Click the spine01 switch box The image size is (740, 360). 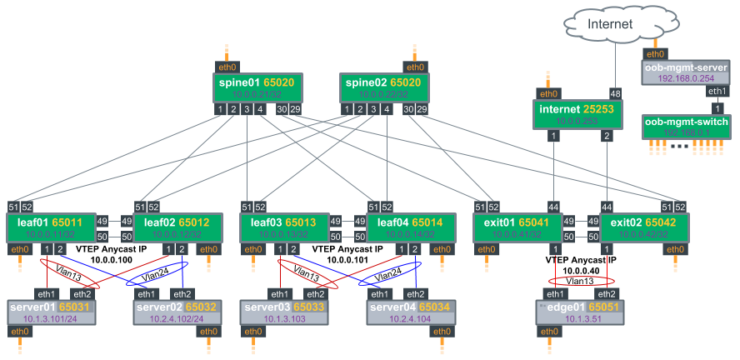click(x=257, y=87)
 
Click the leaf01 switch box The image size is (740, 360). click(x=51, y=227)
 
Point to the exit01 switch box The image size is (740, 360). click(x=517, y=227)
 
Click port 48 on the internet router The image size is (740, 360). click(x=616, y=93)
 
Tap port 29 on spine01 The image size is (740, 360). click(x=295, y=110)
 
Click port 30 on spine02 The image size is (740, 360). click(x=408, y=110)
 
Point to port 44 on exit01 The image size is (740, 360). click(x=553, y=207)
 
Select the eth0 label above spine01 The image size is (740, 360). click(x=227, y=67)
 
